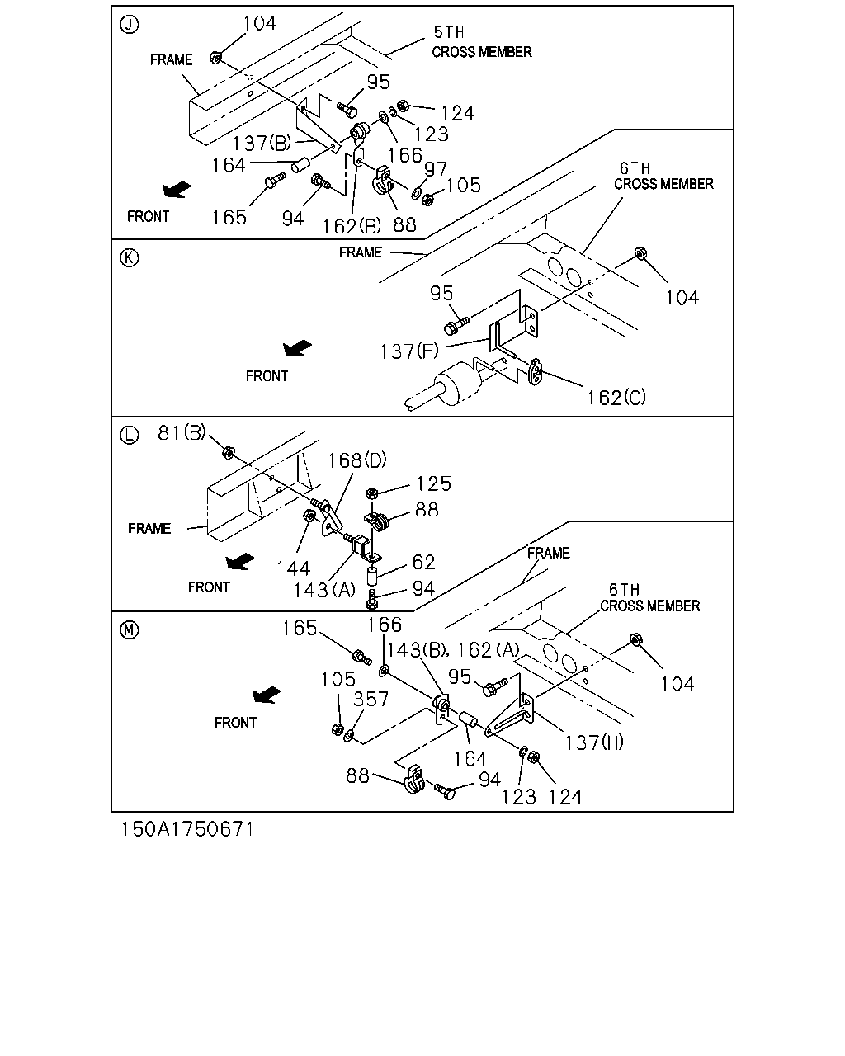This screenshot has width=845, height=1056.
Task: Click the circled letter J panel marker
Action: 129,25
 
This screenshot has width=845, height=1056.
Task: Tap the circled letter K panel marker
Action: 129,257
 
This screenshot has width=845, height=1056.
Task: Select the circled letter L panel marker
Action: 129,435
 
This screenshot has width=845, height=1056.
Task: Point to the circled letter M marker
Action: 129,629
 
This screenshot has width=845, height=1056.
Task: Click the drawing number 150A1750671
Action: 187,829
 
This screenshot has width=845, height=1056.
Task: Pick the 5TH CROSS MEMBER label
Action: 482,42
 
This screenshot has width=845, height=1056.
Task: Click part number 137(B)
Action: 262,144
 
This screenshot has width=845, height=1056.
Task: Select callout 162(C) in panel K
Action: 616,398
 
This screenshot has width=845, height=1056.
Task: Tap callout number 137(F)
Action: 409,351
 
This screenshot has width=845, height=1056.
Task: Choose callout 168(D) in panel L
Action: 357,460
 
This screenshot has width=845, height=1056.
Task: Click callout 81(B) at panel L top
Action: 182,433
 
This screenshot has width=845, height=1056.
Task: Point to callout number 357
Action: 371,700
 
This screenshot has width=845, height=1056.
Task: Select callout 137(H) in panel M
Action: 594,743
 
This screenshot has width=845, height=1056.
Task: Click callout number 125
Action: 433,483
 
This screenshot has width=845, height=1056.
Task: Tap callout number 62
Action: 423,563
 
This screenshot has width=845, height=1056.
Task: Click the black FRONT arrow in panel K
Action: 298,348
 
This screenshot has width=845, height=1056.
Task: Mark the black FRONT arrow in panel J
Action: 177,190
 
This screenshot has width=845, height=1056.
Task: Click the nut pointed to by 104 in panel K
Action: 640,254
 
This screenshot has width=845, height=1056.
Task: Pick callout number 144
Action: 293,568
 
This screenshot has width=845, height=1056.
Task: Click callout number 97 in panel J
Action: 436,169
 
